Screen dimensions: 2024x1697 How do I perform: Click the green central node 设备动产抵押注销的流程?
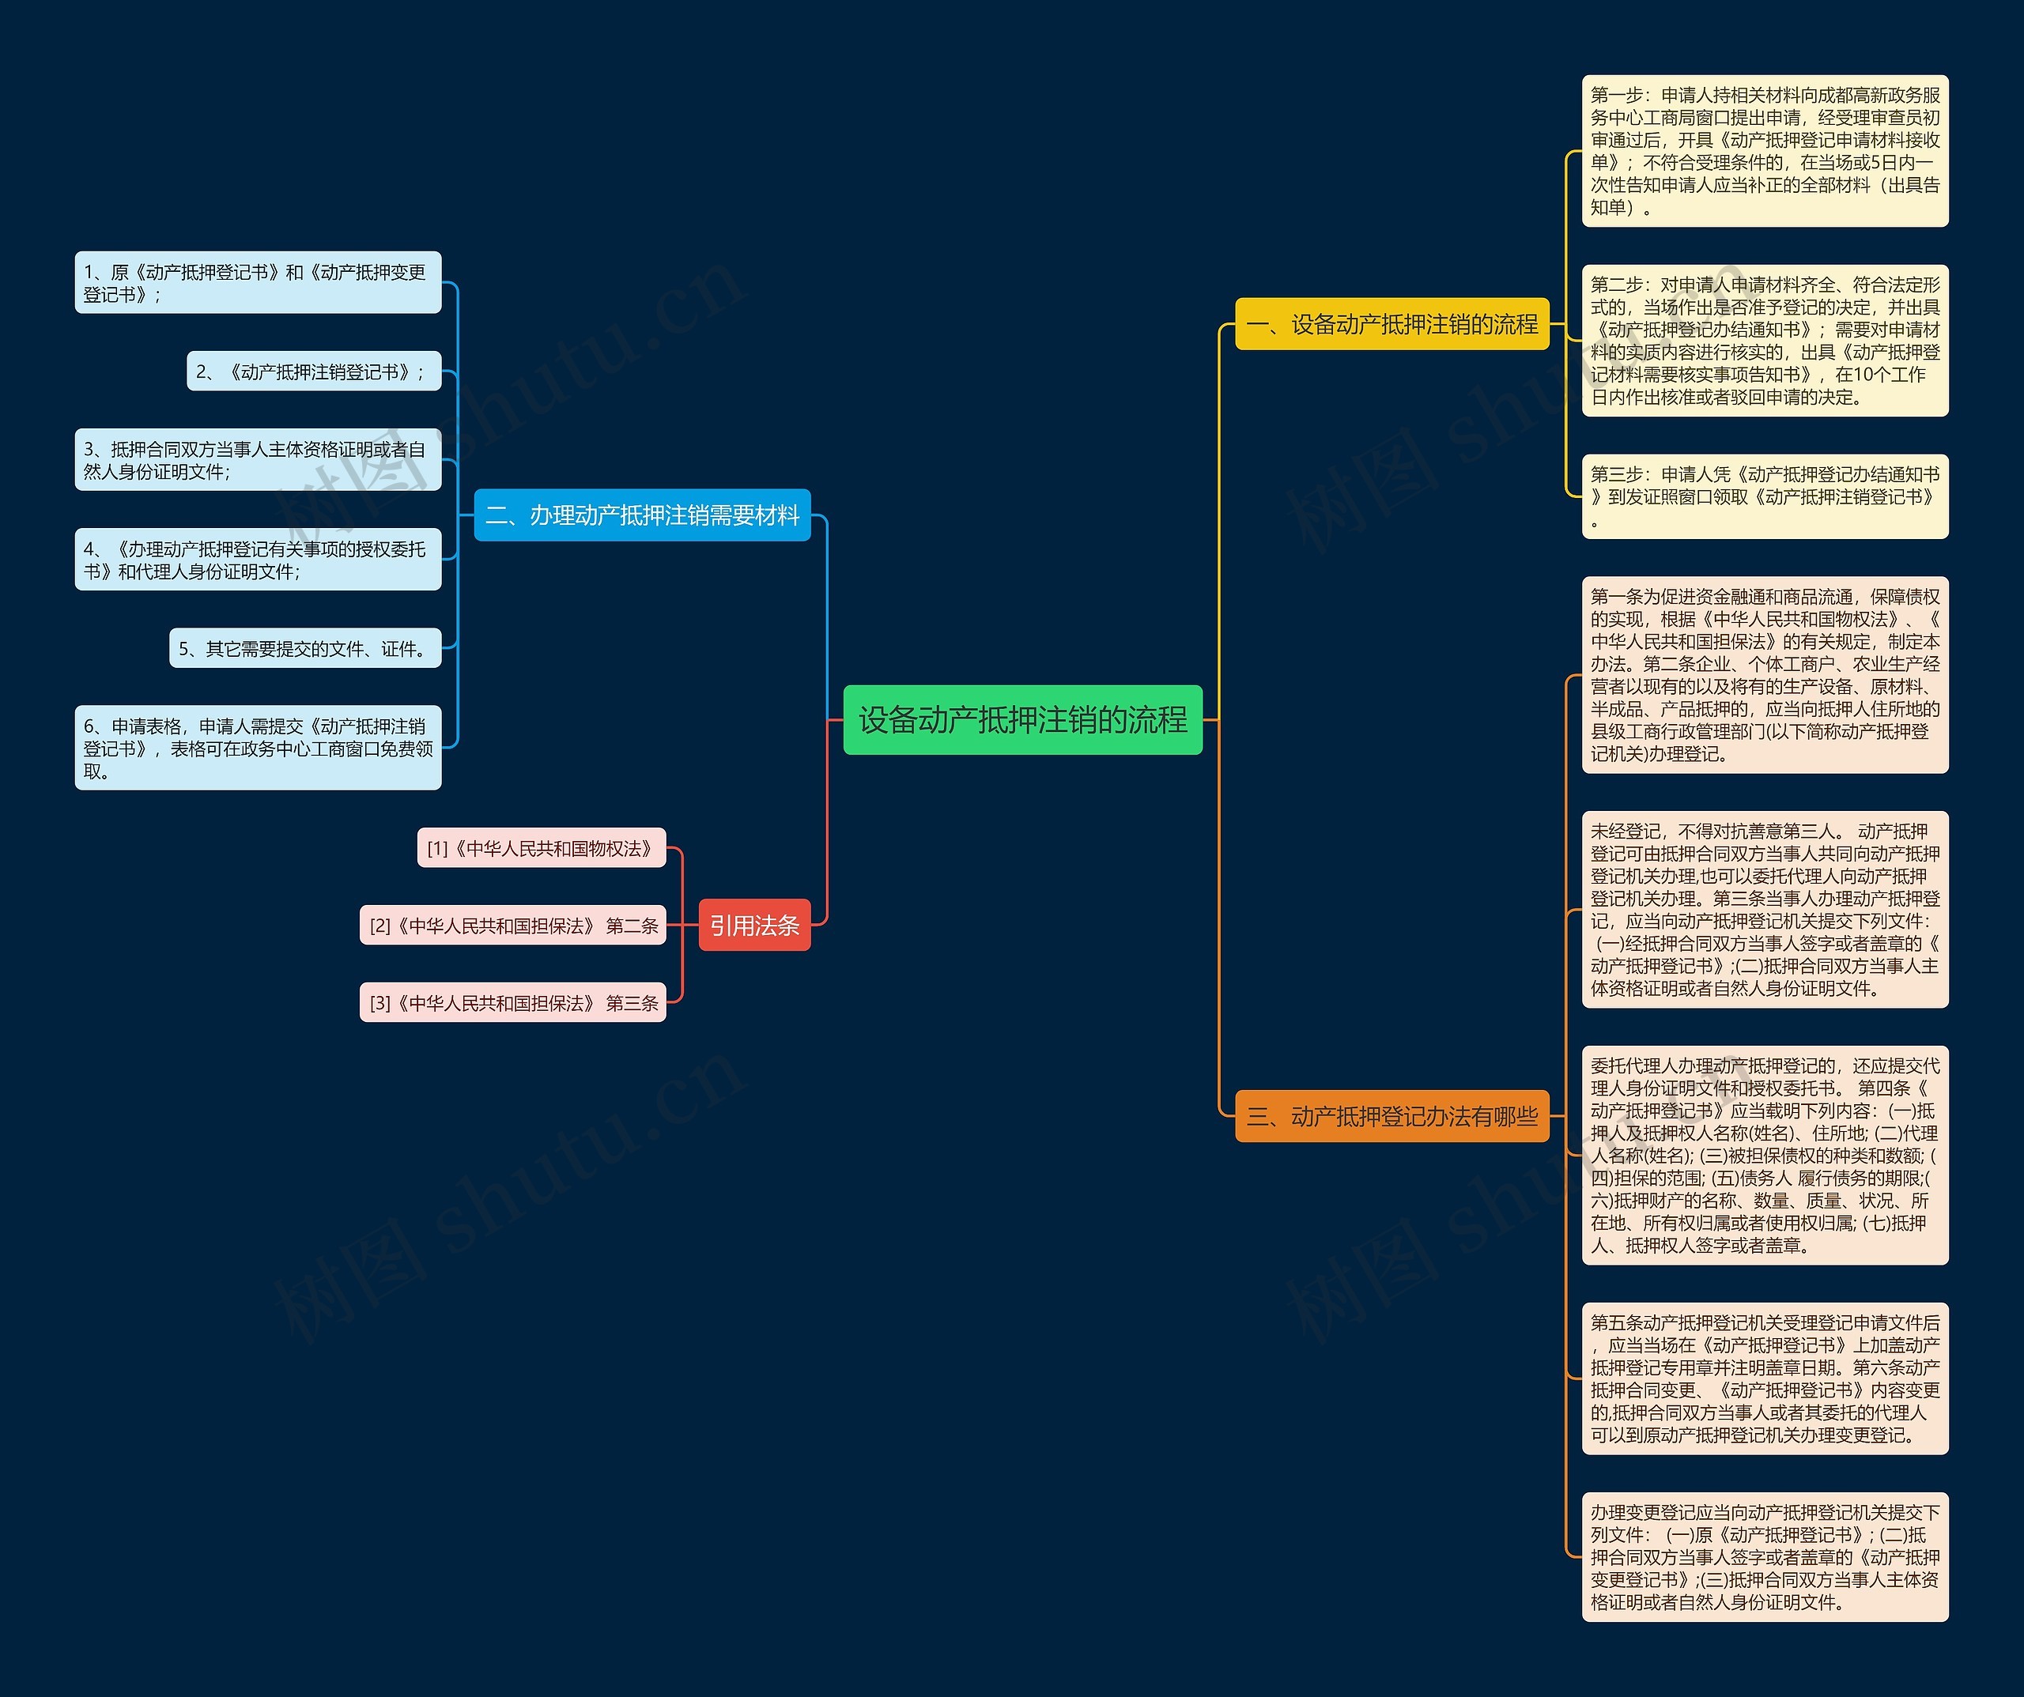click(x=1022, y=720)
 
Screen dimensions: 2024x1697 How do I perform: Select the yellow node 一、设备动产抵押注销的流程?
click(x=1391, y=325)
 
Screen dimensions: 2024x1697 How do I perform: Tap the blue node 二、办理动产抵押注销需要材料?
click(x=642, y=515)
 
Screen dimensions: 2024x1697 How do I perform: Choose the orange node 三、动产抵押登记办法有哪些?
click(x=1391, y=1116)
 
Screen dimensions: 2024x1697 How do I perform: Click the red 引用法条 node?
click(x=753, y=925)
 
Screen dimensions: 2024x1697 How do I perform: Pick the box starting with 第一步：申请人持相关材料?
click(x=1765, y=151)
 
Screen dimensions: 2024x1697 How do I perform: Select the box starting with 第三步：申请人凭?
click(x=1765, y=496)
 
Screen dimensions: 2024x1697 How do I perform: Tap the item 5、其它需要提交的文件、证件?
click(x=304, y=649)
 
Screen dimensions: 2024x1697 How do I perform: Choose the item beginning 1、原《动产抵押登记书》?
click(x=257, y=283)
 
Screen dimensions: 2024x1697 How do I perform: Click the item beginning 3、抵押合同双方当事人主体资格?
click(x=257, y=461)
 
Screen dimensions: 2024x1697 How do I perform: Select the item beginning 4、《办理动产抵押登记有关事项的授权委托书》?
click(x=257, y=560)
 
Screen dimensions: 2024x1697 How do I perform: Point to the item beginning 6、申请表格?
click(x=257, y=748)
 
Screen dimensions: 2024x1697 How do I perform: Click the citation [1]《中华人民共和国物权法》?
click(x=541, y=848)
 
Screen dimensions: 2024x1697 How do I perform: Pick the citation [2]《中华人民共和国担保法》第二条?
click(x=513, y=925)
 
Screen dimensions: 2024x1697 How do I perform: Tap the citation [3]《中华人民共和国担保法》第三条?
click(x=513, y=1003)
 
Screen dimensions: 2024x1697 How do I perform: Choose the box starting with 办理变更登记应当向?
click(x=1765, y=1557)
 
